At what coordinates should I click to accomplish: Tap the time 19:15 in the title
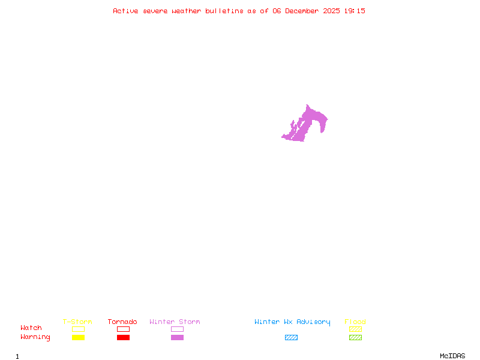[355, 11]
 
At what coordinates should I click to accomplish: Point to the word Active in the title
[126, 11]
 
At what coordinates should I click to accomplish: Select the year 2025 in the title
[332, 11]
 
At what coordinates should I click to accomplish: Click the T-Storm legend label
[77, 322]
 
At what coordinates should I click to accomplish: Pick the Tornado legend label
[122, 322]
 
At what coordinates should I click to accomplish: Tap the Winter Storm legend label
[175, 322]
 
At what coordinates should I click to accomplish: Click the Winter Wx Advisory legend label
[292, 322]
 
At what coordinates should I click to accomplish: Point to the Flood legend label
[355, 322]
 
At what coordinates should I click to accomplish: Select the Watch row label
[31, 328]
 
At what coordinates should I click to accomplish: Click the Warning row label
[35, 337]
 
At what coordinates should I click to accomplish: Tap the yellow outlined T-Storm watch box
[78, 329]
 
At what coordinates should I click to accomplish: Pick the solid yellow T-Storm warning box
[78, 338]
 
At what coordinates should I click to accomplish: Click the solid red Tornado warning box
[123, 338]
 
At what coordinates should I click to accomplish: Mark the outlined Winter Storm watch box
[177, 329]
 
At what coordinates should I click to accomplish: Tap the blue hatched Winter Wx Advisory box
[291, 338]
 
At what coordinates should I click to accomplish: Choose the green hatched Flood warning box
[355, 338]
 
